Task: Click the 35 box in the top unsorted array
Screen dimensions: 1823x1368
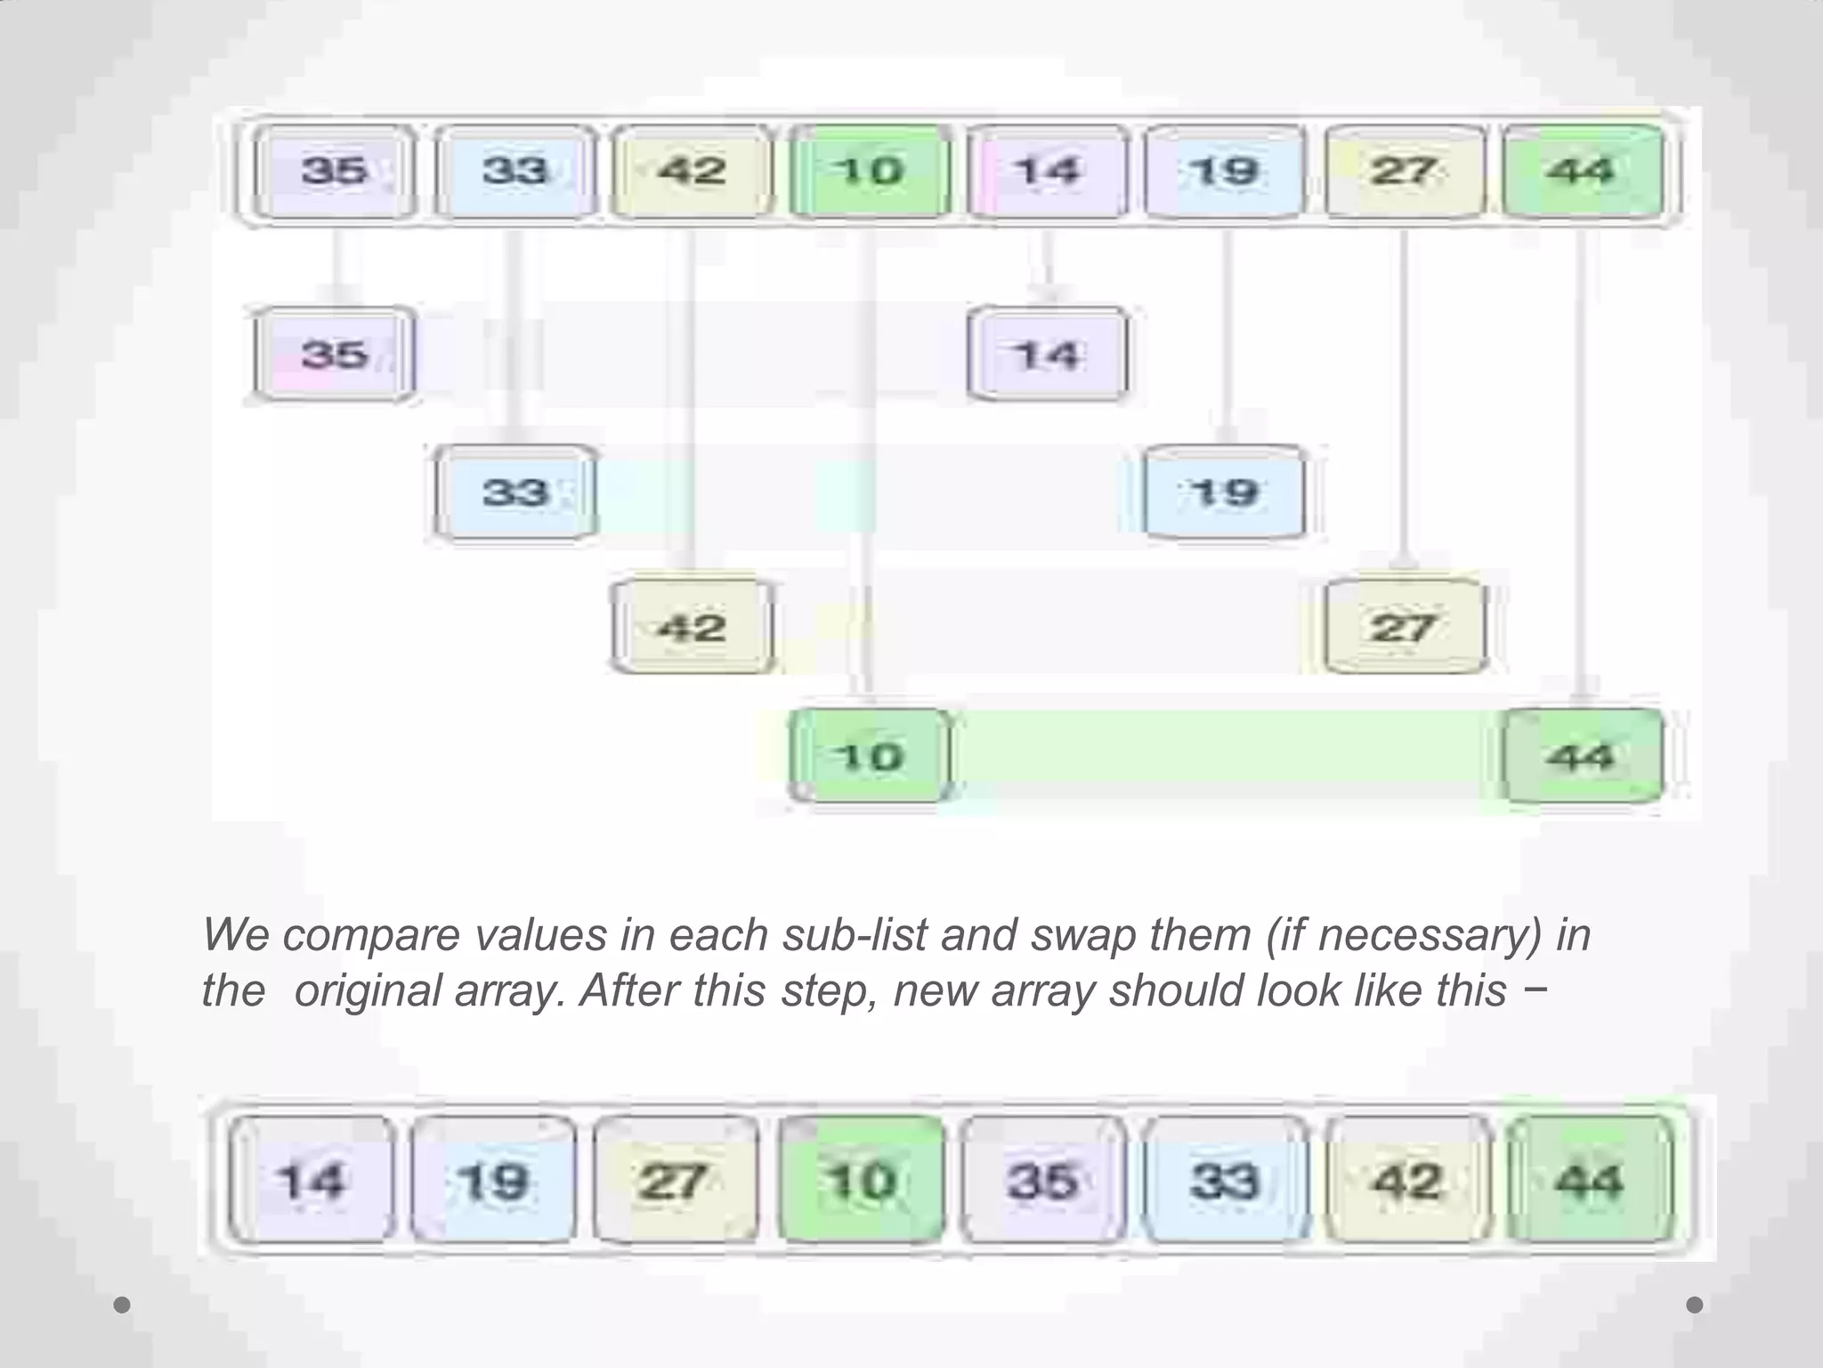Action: point(334,172)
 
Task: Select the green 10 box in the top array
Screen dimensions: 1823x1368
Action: point(869,172)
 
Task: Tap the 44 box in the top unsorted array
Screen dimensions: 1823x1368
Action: point(1582,172)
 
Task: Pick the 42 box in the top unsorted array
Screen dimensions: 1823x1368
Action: point(691,172)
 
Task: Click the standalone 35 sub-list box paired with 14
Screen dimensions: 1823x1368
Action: point(334,354)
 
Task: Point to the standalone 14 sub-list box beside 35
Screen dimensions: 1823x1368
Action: point(1047,354)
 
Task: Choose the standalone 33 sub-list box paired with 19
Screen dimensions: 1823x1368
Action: point(514,493)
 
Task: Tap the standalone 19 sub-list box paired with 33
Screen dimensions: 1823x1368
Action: point(1225,493)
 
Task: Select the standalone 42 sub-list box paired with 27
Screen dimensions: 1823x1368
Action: point(691,628)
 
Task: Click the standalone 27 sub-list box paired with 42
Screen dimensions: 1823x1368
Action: point(1404,628)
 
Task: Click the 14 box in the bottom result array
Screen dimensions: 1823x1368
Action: point(312,1181)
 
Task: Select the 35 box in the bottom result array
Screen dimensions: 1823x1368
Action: point(1042,1181)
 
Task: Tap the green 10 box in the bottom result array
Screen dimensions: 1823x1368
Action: point(861,1181)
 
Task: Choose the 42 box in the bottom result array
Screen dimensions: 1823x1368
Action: point(1406,1181)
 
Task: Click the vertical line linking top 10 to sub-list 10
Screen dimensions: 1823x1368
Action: point(868,463)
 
